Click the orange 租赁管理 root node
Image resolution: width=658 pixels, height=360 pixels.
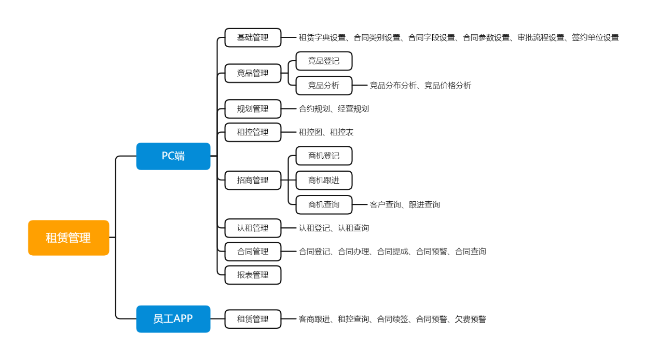[x=68, y=238]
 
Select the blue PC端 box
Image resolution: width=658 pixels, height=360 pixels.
[x=173, y=156]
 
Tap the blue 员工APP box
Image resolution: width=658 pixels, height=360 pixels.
[x=173, y=319]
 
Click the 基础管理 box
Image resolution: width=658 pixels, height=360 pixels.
[x=253, y=37]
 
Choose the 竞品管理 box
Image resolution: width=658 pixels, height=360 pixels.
[x=253, y=73]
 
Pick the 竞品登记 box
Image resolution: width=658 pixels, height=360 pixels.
[x=324, y=61]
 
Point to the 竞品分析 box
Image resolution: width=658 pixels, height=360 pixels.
[x=324, y=86]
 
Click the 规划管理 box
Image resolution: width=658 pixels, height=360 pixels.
[x=253, y=109]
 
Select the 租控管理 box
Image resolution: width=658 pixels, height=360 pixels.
[x=253, y=132]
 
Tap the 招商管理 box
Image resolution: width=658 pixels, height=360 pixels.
[x=253, y=181]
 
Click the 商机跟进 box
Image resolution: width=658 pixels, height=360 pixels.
[x=324, y=181]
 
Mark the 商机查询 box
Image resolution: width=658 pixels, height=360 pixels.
[x=324, y=205]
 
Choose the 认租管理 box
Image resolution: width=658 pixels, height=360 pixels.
[x=253, y=228]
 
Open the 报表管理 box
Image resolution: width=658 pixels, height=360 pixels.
[x=253, y=275]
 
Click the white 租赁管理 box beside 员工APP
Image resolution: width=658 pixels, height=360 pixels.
[x=253, y=319]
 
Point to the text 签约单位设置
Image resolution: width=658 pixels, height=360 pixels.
[x=595, y=37]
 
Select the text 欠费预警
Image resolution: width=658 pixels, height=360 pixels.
[x=471, y=319]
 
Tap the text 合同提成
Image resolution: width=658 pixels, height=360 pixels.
[x=392, y=252]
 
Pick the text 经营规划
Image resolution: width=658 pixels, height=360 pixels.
[x=353, y=109]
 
